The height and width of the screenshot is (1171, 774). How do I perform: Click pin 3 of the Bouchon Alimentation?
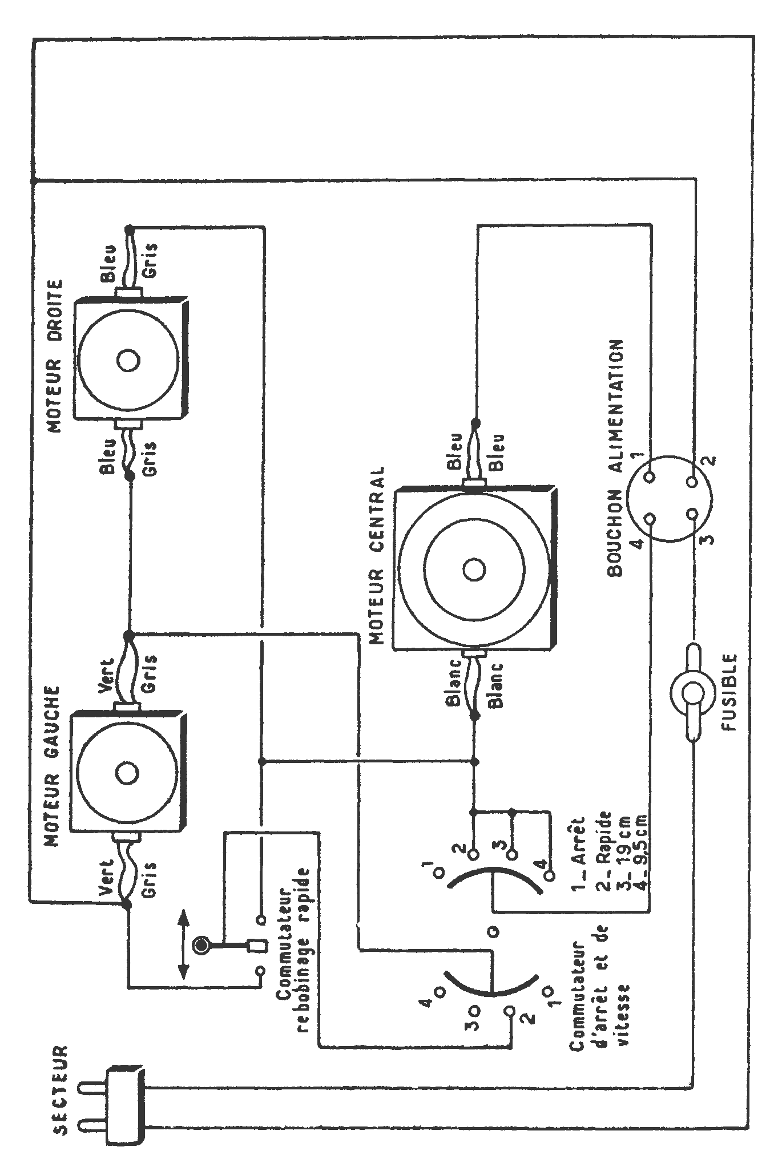pos(692,514)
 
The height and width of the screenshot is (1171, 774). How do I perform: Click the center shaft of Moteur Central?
pos(474,570)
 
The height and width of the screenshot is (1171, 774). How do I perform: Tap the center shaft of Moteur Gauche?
pos(126,773)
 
